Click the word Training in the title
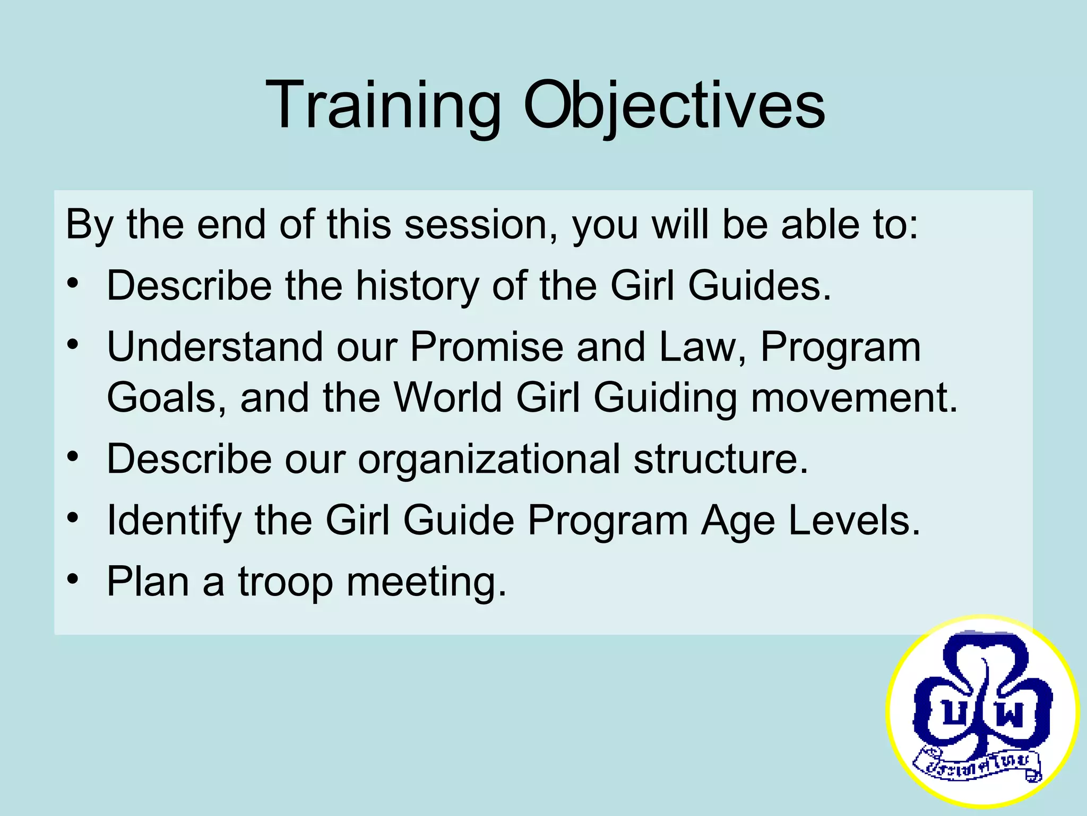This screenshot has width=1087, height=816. (x=382, y=105)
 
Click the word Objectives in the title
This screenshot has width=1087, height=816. (x=674, y=105)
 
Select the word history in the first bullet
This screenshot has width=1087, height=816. (x=417, y=286)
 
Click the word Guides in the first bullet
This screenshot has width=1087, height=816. (x=759, y=286)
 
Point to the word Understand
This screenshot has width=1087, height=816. (x=214, y=347)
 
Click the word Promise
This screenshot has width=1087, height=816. (x=486, y=347)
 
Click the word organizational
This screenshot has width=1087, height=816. (x=489, y=459)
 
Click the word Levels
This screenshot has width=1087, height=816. (x=854, y=521)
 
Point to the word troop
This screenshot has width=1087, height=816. (x=285, y=582)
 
